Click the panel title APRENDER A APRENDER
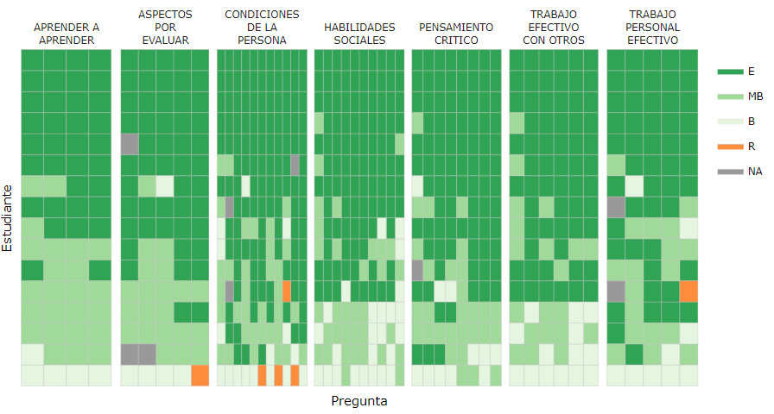(x=66, y=34)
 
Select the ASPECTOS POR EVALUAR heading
(x=164, y=28)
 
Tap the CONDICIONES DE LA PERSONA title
(x=262, y=28)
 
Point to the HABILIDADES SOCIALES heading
(x=359, y=34)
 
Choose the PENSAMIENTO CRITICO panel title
(x=456, y=34)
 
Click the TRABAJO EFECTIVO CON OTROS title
(x=554, y=28)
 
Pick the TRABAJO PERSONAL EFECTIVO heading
(x=652, y=28)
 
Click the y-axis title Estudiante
(x=8, y=217)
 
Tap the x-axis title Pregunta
(x=359, y=401)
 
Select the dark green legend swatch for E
(x=730, y=72)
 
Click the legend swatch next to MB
(x=730, y=97)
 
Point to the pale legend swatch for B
(x=730, y=122)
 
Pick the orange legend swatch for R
(x=730, y=147)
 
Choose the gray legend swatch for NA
(x=730, y=172)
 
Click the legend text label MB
(x=755, y=97)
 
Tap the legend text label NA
(x=755, y=172)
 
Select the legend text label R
(x=752, y=147)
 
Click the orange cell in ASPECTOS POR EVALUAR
(x=200, y=375)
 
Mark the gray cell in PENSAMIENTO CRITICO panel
(x=417, y=270)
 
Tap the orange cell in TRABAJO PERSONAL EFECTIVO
(x=688, y=291)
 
